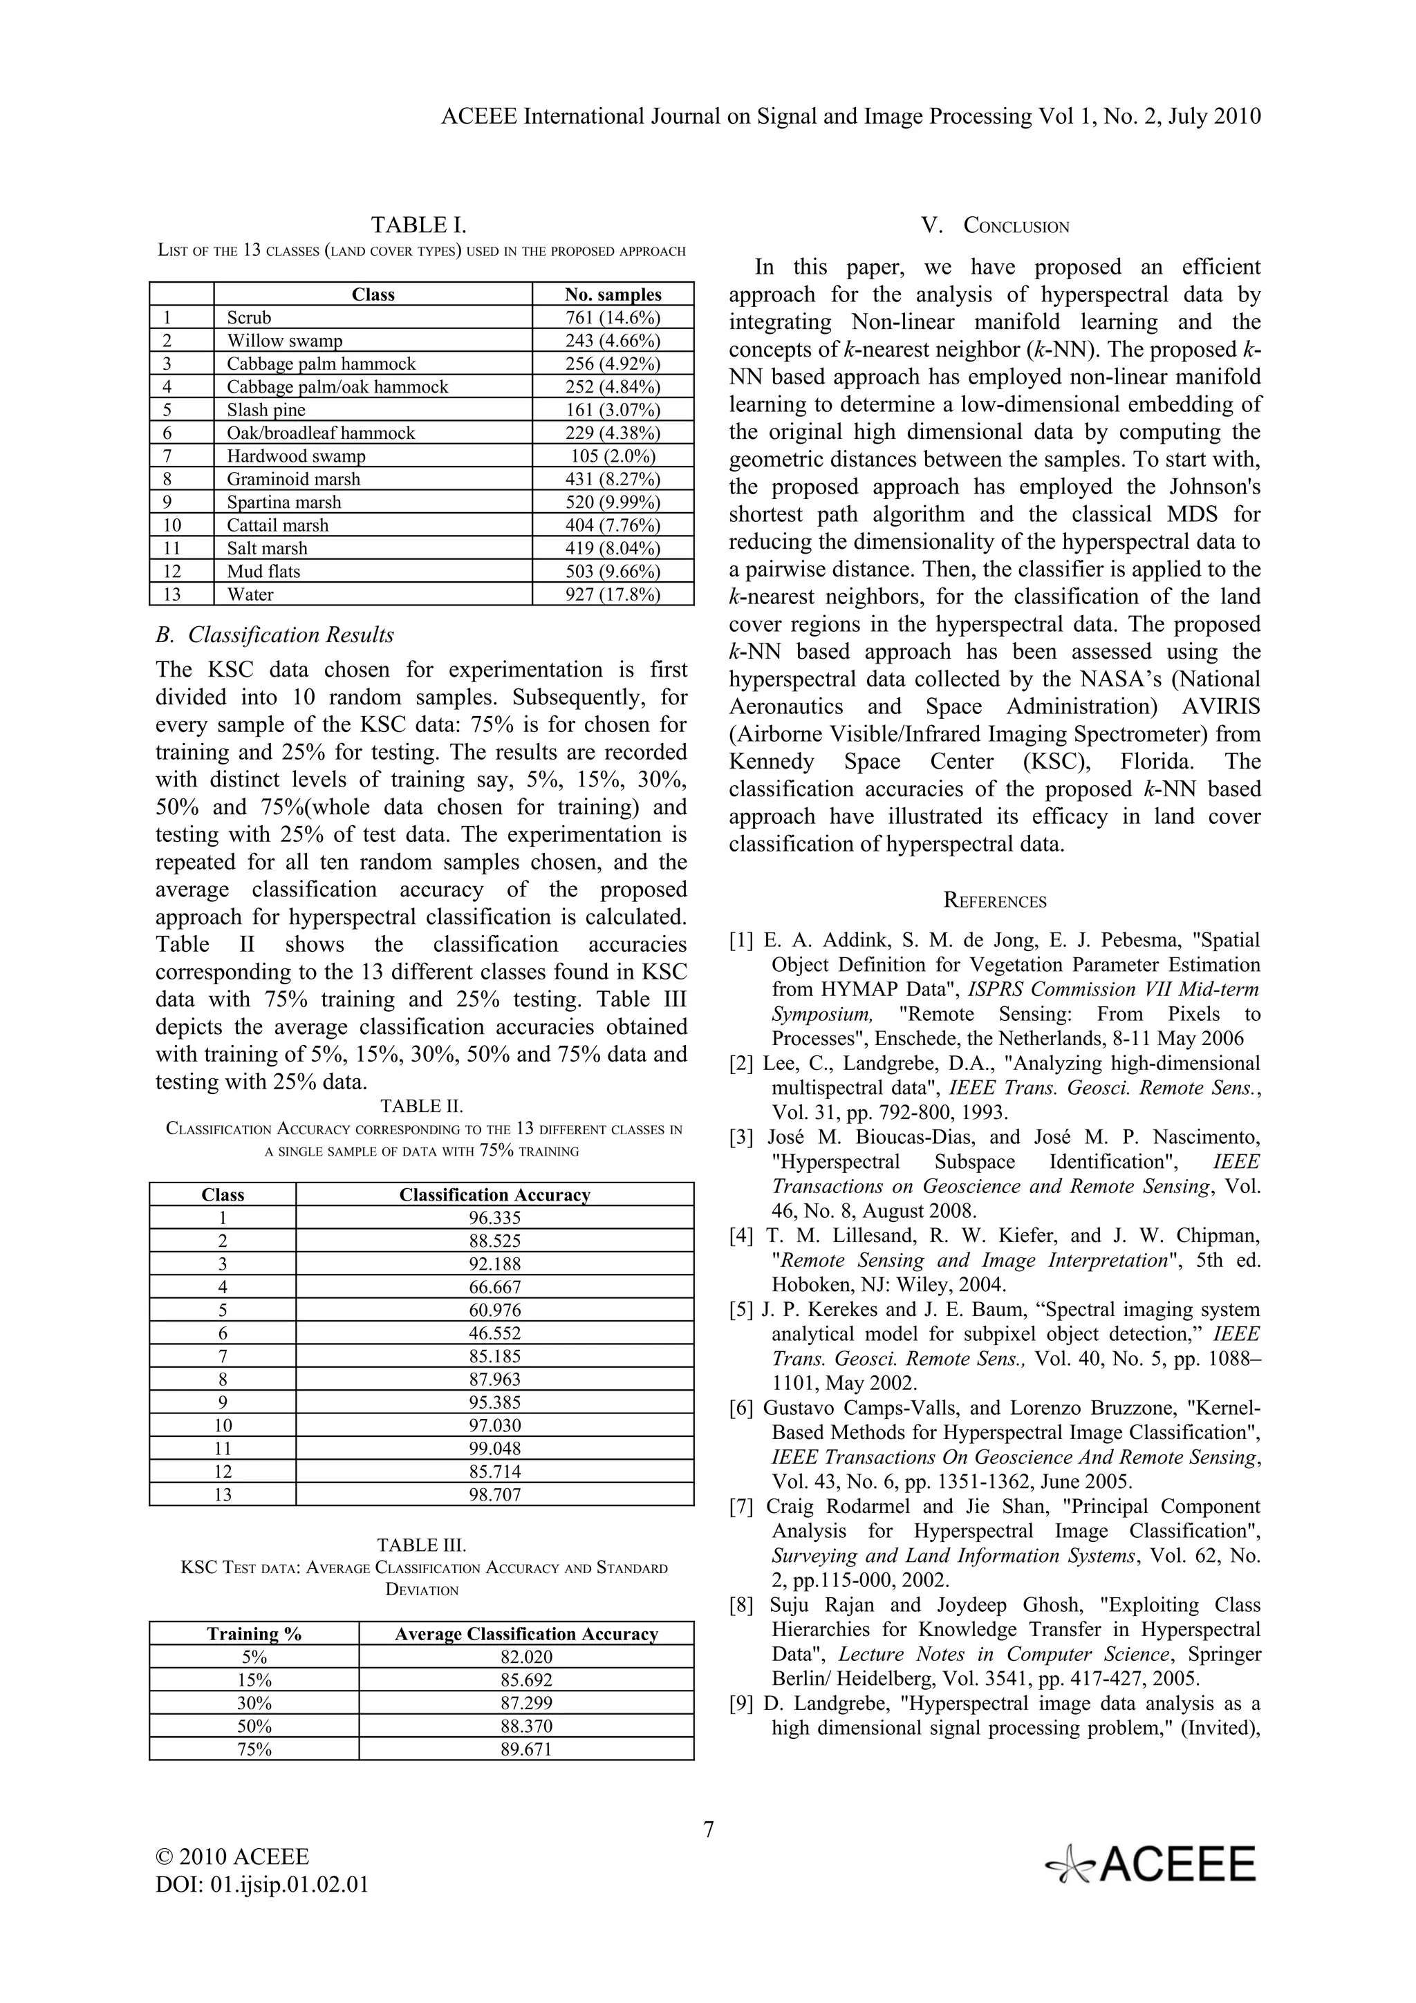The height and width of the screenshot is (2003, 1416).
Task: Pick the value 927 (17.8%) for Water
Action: (613, 595)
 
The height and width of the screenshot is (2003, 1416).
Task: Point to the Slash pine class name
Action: (266, 410)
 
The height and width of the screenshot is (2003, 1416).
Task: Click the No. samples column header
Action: (613, 295)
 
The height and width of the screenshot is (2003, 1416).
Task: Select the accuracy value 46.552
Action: (494, 1333)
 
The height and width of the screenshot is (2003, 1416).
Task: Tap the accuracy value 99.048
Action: (494, 1448)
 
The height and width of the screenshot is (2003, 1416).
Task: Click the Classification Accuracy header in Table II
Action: (494, 1195)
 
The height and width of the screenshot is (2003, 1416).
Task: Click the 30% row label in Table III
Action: (254, 1703)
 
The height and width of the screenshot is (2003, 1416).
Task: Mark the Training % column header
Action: (254, 1634)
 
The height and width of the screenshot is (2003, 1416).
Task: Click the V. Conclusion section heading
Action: (995, 226)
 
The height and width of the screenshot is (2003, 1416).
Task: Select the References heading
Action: (995, 901)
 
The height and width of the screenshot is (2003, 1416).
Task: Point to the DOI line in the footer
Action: (262, 1886)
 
